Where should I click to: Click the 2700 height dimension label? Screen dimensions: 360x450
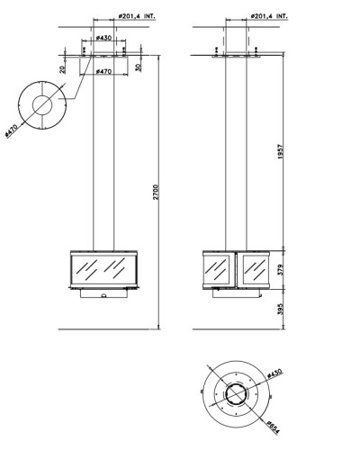[156, 192]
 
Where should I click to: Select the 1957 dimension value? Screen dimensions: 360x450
[281, 151]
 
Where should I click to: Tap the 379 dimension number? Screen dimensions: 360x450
[281, 270]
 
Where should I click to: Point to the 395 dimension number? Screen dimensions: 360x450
[281, 309]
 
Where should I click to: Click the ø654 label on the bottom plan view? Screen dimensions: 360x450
[273, 427]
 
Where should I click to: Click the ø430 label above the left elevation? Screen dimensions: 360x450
[103, 38]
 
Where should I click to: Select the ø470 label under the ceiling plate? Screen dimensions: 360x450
[103, 71]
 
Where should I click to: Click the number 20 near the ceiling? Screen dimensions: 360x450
[62, 69]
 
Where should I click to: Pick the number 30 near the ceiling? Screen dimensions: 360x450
[138, 67]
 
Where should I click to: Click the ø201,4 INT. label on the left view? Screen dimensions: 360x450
[137, 16]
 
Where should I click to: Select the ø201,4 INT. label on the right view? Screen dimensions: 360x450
[269, 16]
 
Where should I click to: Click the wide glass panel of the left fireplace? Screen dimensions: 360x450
[103, 270]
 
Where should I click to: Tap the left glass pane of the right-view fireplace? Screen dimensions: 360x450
[217, 269]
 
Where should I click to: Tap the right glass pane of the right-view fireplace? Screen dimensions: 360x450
[255, 269]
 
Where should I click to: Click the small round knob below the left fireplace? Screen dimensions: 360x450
[103, 296]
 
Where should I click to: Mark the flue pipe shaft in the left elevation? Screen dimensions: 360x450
[103, 151]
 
